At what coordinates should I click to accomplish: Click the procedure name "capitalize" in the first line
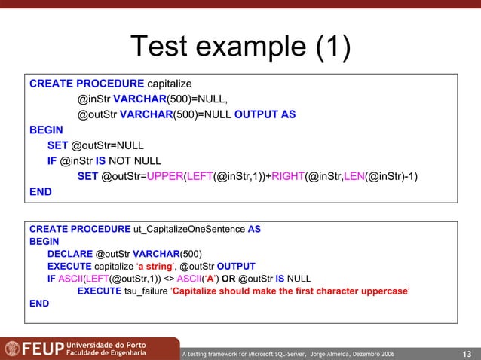point(169,83)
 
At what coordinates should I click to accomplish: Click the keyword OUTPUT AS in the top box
point(265,114)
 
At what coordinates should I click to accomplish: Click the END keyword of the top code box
point(40,192)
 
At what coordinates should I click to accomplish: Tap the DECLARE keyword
point(70,253)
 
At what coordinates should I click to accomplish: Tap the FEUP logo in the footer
point(30,349)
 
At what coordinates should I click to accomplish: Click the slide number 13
point(465,352)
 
